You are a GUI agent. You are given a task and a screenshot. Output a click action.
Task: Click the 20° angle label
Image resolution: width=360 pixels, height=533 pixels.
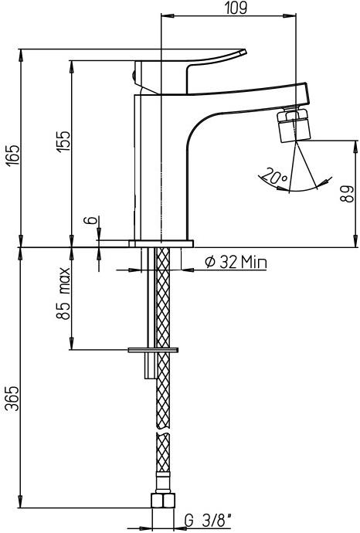(x=272, y=177)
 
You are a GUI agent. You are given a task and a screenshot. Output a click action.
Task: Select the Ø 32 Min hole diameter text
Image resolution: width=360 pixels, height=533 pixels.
(x=236, y=263)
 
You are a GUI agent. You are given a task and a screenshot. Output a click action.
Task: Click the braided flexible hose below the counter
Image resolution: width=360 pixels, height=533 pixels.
(x=163, y=417)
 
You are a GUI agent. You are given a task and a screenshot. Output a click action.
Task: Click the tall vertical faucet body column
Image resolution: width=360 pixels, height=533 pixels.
(x=148, y=162)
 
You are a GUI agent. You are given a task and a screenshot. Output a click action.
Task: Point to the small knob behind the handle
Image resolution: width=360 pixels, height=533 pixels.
(x=134, y=76)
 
